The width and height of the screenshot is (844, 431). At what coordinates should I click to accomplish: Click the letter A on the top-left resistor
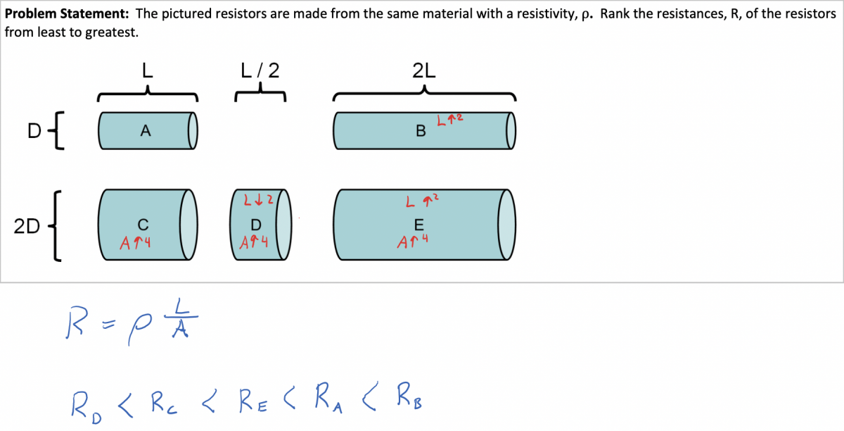(x=146, y=130)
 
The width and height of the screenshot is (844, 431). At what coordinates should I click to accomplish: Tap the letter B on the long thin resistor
(x=421, y=131)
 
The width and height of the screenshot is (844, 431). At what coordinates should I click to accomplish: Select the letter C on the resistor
(x=143, y=225)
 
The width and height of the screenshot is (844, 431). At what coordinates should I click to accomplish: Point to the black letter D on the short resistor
(x=255, y=225)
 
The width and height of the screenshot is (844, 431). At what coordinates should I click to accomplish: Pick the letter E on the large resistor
(x=419, y=225)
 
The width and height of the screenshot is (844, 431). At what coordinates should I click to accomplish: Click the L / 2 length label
(x=260, y=70)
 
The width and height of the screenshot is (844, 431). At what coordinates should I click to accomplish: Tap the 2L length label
(x=424, y=70)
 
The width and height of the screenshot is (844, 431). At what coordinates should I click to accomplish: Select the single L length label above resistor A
(x=147, y=70)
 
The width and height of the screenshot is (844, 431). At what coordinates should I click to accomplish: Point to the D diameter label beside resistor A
(x=34, y=130)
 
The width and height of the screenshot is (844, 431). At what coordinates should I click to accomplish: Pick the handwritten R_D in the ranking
(x=84, y=406)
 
